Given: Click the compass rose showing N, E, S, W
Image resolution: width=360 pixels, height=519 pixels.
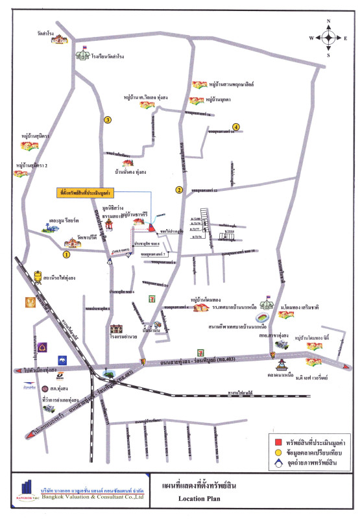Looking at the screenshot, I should (328, 38).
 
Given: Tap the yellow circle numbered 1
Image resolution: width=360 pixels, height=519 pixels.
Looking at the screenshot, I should (66, 255).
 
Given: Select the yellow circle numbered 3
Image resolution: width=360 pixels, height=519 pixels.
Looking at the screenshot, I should (108, 119).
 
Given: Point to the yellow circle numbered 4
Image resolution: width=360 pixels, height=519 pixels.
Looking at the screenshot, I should (236, 127).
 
